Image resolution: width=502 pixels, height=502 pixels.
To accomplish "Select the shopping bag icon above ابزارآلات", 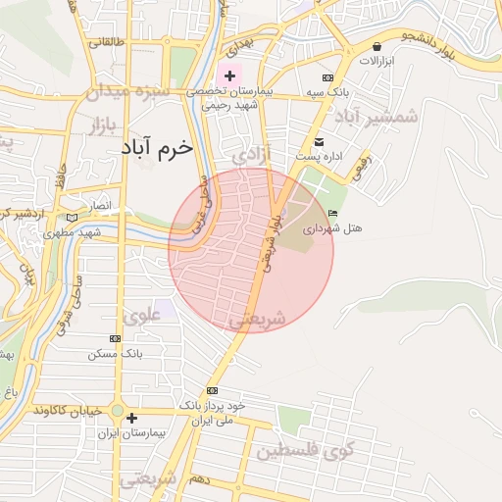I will (376, 46).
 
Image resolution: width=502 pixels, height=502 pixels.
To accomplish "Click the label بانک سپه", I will (326, 92).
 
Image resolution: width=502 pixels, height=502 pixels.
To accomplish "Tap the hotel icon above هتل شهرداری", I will (332, 213).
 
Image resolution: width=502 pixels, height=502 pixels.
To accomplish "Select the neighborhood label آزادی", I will (252, 155).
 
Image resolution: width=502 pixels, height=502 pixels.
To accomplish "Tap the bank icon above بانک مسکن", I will (117, 338).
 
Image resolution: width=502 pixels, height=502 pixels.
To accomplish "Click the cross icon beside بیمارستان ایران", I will (132, 419).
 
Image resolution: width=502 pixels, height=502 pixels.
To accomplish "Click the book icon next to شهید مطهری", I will (70, 218).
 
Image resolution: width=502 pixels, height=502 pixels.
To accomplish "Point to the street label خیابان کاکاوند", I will (67, 411).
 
